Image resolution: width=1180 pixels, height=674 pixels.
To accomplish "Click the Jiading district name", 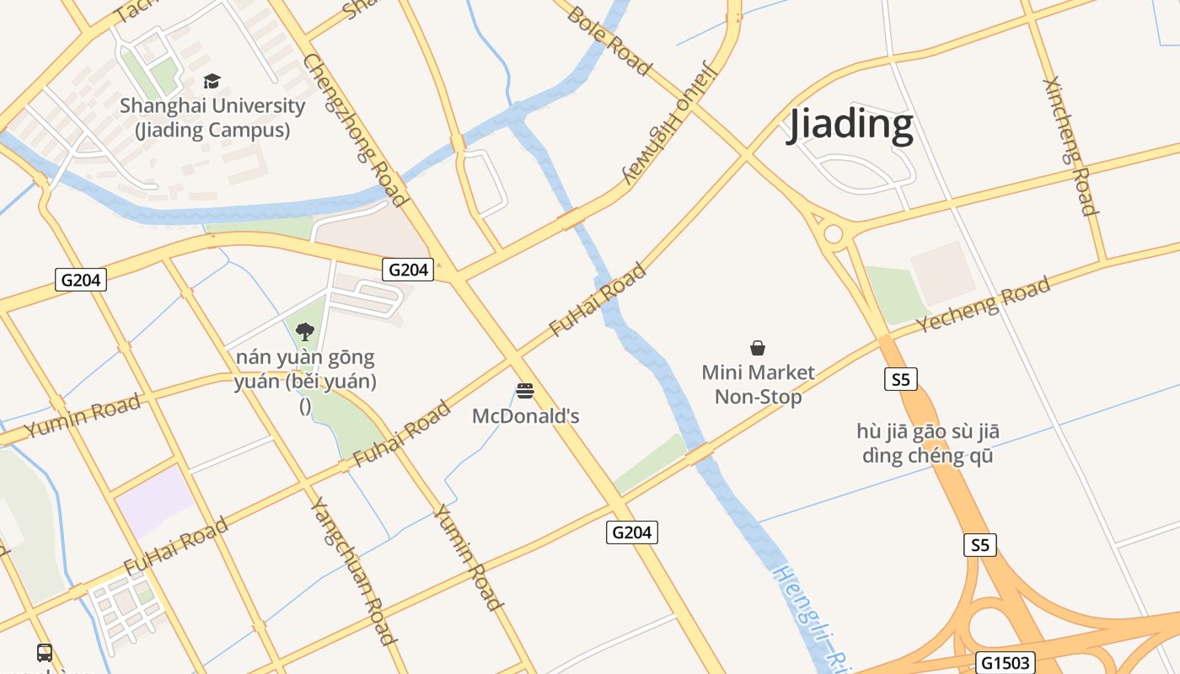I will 850,125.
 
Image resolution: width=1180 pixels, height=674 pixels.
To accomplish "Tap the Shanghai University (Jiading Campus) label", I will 212,118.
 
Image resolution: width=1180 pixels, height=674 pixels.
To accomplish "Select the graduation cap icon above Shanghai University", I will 212,82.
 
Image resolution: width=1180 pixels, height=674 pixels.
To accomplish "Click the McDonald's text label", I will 525,416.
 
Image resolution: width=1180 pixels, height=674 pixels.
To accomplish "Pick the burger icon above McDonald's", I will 525,391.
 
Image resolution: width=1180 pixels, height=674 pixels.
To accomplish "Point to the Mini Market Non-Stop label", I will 758,384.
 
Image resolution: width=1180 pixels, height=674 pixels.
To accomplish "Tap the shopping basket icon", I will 758,348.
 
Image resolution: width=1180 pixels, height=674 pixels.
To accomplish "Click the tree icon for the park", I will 305,332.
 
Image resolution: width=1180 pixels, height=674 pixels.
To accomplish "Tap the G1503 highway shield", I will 1006,662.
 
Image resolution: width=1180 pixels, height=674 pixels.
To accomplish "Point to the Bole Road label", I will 609,40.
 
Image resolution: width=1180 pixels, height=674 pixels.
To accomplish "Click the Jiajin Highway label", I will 669,123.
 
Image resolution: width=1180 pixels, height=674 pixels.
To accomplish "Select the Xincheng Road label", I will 1070,146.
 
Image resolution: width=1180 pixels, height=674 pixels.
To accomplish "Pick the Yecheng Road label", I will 984,304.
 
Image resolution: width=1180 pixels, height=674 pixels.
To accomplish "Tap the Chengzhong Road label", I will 356,130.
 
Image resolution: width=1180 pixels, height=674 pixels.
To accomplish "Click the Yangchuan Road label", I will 354,571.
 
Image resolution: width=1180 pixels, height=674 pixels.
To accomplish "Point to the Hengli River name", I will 805,615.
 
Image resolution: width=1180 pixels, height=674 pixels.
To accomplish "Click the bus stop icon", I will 44,652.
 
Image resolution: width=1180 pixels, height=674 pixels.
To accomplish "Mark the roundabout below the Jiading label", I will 834,233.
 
